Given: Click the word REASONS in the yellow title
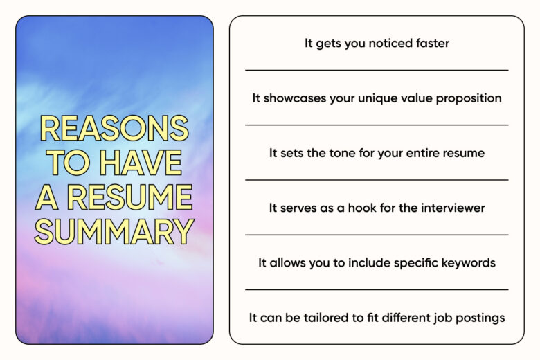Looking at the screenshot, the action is (114, 128).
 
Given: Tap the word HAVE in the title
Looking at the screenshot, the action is (141, 162).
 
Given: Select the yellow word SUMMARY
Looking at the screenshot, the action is (114, 231).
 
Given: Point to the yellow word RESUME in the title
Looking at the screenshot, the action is (129, 197).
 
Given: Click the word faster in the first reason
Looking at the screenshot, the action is (432, 43).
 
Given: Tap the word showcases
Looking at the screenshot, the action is (294, 98).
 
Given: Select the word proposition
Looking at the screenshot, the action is (469, 99).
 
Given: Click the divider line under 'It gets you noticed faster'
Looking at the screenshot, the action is (377, 71).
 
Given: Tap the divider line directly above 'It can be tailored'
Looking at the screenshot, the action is (377, 289).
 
